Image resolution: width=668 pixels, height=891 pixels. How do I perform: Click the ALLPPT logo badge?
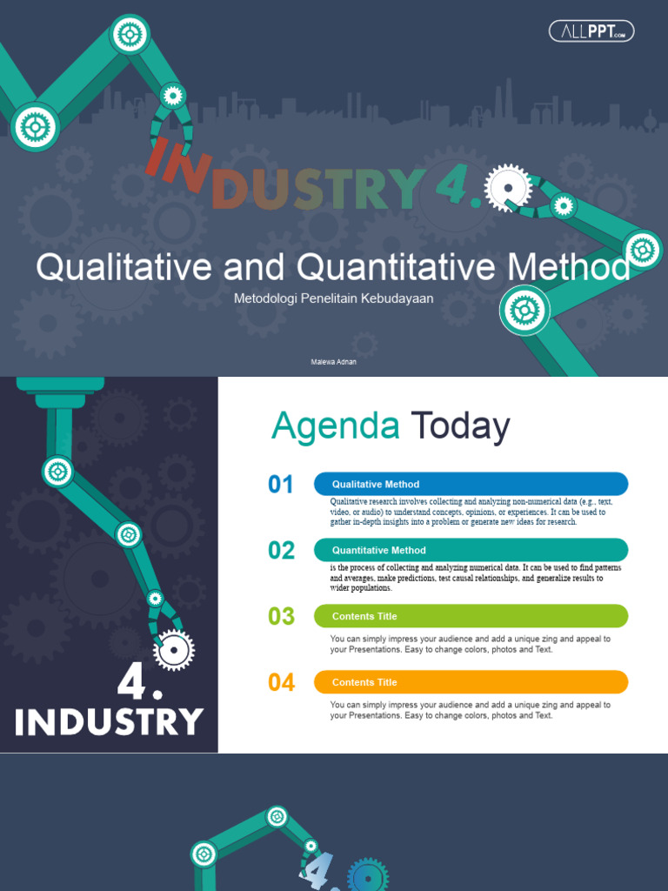click(x=591, y=31)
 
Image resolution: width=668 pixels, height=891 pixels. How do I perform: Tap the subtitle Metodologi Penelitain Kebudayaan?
click(x=333, y=298)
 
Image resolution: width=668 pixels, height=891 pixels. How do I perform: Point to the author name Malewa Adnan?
click(x=333, y=362)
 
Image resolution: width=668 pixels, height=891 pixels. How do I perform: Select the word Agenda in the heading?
click(x=335, y=426)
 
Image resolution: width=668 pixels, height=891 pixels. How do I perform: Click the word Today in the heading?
click(x=460, y=426)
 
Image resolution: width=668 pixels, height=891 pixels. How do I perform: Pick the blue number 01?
click(x=281, y=485)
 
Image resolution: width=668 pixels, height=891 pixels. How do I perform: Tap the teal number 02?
click(x=281, y=551)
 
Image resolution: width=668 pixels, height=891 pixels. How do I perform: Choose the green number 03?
click(x=281, y=617)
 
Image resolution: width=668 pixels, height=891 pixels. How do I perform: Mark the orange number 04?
click(x=281, y=683)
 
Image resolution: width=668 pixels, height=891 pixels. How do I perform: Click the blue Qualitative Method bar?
click(x=471, y=485)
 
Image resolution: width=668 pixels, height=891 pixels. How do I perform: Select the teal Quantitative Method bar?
click(x=471, y=550)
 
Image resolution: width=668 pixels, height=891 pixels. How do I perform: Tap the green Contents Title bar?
click(x=471, y=616)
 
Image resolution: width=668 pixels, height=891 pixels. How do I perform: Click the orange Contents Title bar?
click(x=471, y=682)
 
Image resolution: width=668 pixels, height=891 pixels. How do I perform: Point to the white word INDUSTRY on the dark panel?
click(x=109, y=722)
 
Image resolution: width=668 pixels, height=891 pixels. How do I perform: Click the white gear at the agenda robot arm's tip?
click(x=174, y=649)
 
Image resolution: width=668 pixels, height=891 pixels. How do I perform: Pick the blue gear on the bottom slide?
click(x=368, y=876)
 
